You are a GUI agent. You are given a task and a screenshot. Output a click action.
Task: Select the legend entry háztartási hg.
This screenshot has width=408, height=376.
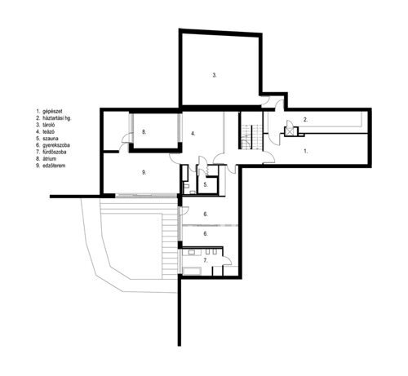58,116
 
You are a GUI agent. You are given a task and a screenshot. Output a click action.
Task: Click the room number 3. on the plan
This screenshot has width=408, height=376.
215,75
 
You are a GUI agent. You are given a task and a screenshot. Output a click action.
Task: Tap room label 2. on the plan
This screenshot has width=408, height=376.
305,120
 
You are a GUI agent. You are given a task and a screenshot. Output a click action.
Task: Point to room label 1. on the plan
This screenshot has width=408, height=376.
305,151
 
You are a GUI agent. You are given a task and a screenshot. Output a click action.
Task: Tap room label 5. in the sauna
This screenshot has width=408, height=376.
206,185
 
